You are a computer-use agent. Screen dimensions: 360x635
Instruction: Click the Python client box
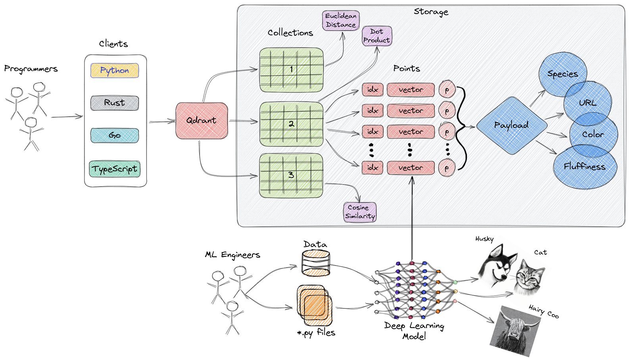click(114, 71)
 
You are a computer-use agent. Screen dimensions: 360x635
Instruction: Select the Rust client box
click(114, 103)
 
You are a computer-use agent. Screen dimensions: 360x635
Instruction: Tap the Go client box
click(114, 135)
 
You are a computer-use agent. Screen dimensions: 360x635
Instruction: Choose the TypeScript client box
click(114, 169)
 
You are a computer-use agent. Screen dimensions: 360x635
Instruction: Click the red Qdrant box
click(202, 121)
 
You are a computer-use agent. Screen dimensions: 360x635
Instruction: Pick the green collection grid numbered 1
click(291, 70)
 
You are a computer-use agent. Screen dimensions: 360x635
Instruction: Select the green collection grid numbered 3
click(291, 175)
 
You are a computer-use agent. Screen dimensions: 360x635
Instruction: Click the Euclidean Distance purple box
click(341, 20)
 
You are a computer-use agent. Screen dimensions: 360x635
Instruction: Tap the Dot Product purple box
click(377, 36)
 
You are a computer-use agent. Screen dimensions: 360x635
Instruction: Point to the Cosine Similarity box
click(360, 212)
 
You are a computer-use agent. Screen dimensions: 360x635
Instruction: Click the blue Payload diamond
click(511, 125)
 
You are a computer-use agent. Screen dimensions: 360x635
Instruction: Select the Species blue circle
click(562, 74)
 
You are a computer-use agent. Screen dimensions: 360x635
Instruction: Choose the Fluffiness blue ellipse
click(585, 167)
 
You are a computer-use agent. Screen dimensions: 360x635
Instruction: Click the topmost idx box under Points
click(372, 90)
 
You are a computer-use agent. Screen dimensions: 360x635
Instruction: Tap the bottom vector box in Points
click(410, 168)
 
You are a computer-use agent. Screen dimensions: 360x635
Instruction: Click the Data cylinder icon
click(316, 263)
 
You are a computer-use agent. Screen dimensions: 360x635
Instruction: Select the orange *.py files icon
click(314, 305)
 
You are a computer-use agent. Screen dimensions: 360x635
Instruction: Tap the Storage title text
click(431, 12)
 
